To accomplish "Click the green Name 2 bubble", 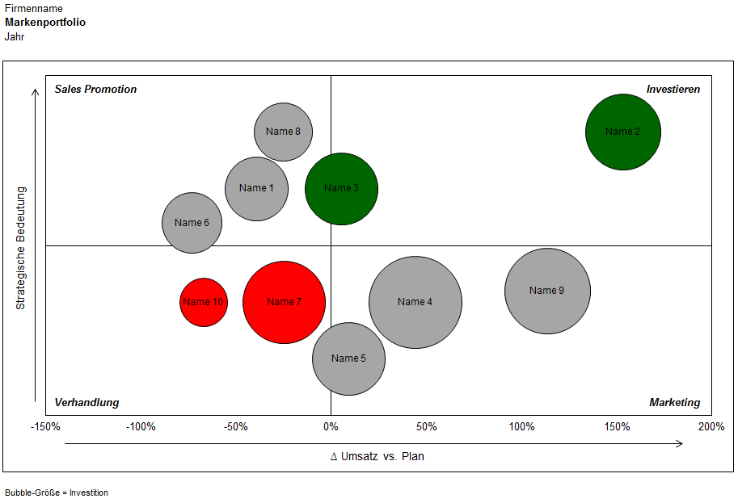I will (x=622, y=132).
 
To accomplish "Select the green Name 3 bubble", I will (x=341, y=188).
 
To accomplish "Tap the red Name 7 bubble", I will (x=284, y=302).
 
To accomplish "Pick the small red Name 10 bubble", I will (x=204, y=302).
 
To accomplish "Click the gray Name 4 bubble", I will (x=415, y=302).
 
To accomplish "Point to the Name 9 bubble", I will (x=547, y=291).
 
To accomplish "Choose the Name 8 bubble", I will (x=284, y=132).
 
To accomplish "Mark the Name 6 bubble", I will (x=192, y=223).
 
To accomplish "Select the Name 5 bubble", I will (x=348, y=358).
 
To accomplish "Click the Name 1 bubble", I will (x=257, y=188).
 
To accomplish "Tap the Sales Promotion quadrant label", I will (x=95, y=90).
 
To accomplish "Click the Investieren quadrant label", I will (x=673, y=90).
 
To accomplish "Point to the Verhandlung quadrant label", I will (x=86, y=403).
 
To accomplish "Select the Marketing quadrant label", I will (x=674, y=403).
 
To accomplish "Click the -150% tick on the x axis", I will (x=45, y=426).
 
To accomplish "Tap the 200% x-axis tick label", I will (x=711, y=426).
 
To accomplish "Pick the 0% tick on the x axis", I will (x=331, y=426).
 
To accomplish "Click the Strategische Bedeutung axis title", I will (x=22, y=248).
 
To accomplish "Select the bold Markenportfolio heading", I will (x=45, y=23).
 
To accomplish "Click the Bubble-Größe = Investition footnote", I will (x=57, y=493).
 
